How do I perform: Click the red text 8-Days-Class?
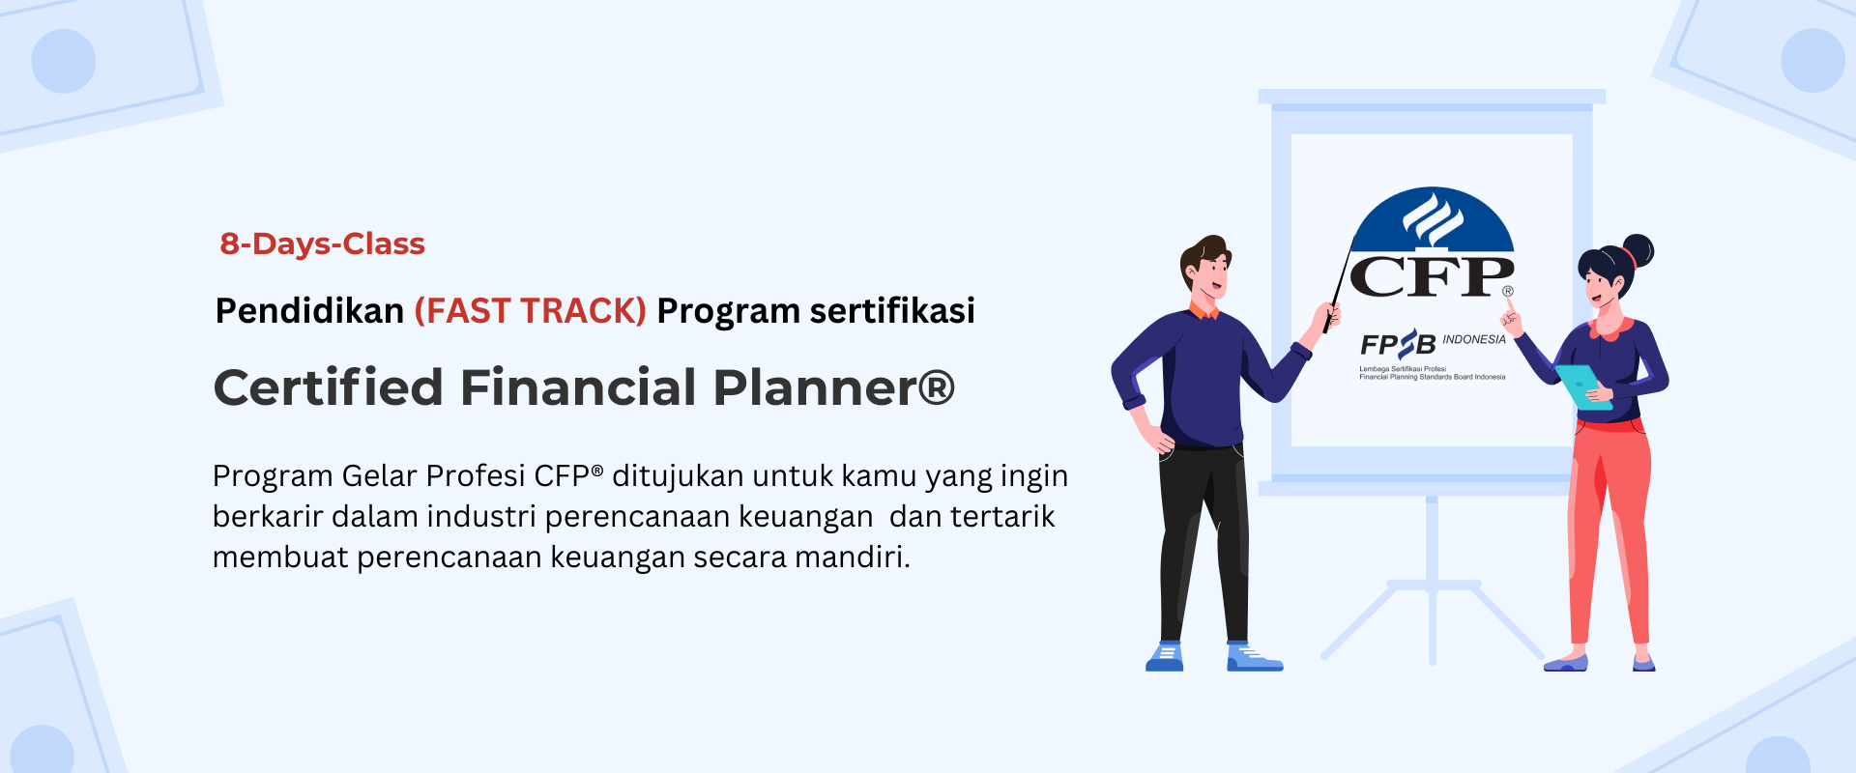(322, 244)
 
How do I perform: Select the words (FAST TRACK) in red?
(530, 311)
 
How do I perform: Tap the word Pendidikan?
(309, 311)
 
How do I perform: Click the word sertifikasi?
(892, 311)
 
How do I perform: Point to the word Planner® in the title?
(834, 387)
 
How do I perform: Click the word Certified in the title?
(329, 387)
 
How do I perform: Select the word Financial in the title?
(578, 387)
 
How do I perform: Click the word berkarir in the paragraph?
(268, 517)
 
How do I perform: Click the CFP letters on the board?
(1432, 277)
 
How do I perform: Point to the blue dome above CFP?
(1433, 219)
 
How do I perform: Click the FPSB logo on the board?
(1398, 344)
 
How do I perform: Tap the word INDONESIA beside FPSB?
(1474, 339)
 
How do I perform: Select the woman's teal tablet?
(1581, 386)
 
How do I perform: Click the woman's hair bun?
(1638, 250)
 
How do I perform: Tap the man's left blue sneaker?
(1165, 657)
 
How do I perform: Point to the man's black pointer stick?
(1338, 286)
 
